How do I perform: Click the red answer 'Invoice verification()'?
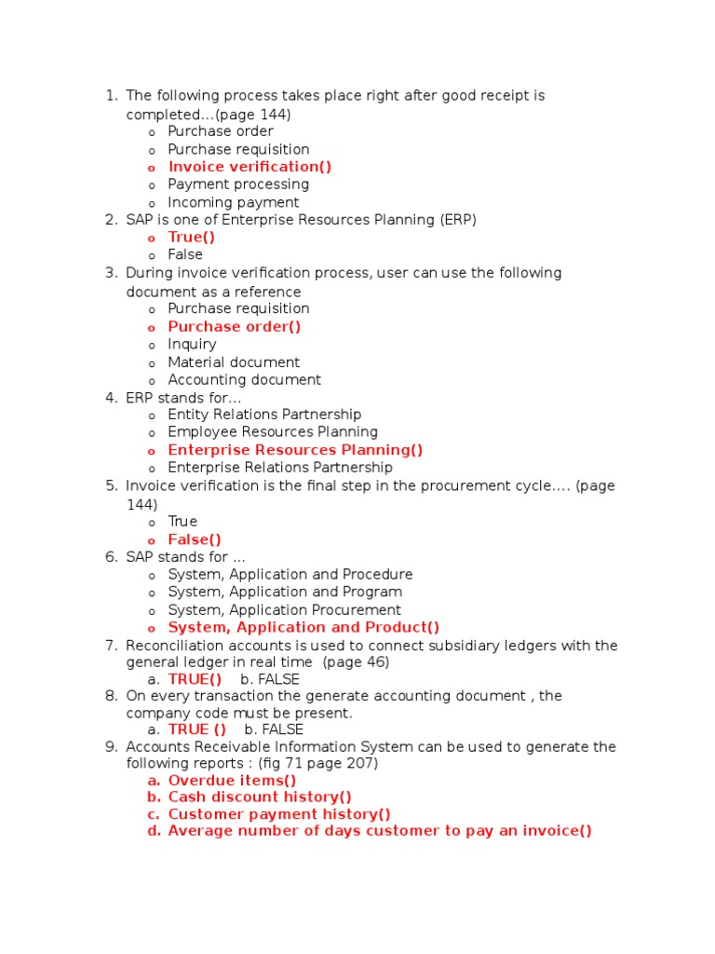(x=250, y=167)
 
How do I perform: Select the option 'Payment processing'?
(x=238, y=184)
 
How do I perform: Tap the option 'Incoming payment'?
(x=233, y=202)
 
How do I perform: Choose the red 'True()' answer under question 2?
(x=192, y=237)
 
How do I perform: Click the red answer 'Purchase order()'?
(x=235, y=326)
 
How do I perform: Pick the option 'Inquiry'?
(x=192, y=344)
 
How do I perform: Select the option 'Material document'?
(x=234, y=361)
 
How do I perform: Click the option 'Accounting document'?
(x=244, y=379)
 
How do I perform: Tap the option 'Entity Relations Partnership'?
(x=264, y=415)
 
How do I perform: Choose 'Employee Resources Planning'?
(x=273, y=432)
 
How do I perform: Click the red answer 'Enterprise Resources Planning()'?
(x=295, y=450)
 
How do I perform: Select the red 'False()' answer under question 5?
(x=195, y=539)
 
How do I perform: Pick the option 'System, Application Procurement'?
(x=284, y=610)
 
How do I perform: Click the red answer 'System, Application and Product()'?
(x=304, y=628)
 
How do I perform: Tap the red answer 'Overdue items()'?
(x=232, y=781)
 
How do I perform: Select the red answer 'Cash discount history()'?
(x=260, y=797)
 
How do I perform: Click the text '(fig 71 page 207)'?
(x=318, y=763)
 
